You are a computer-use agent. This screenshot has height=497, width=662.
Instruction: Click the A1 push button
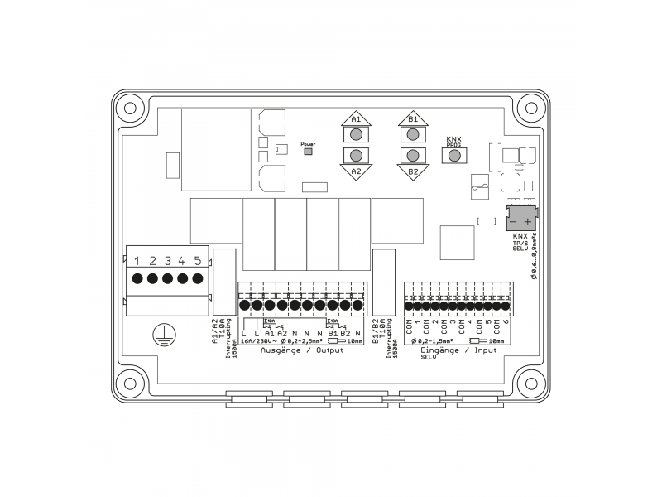(356, 133)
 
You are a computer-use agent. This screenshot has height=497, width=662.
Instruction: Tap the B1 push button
(412, 133)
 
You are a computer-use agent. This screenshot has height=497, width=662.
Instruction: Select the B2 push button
(412, 156)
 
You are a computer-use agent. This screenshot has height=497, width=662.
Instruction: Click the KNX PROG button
(453, 155)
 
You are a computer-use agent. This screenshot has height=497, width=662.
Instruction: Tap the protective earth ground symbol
(165, 333)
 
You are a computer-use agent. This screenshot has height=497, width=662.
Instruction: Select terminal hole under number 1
(137, 278)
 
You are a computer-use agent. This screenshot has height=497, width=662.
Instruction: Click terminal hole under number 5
(197, 278)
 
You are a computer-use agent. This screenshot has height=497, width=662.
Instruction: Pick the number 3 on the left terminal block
(167, 261)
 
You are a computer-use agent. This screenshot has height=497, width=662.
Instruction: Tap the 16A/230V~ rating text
(257, 340)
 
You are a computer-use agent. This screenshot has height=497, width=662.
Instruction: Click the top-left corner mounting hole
(128, 107)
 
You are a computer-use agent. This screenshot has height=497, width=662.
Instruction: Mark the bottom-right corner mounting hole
(533, 384)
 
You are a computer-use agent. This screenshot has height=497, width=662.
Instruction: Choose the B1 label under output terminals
(333, 333)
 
